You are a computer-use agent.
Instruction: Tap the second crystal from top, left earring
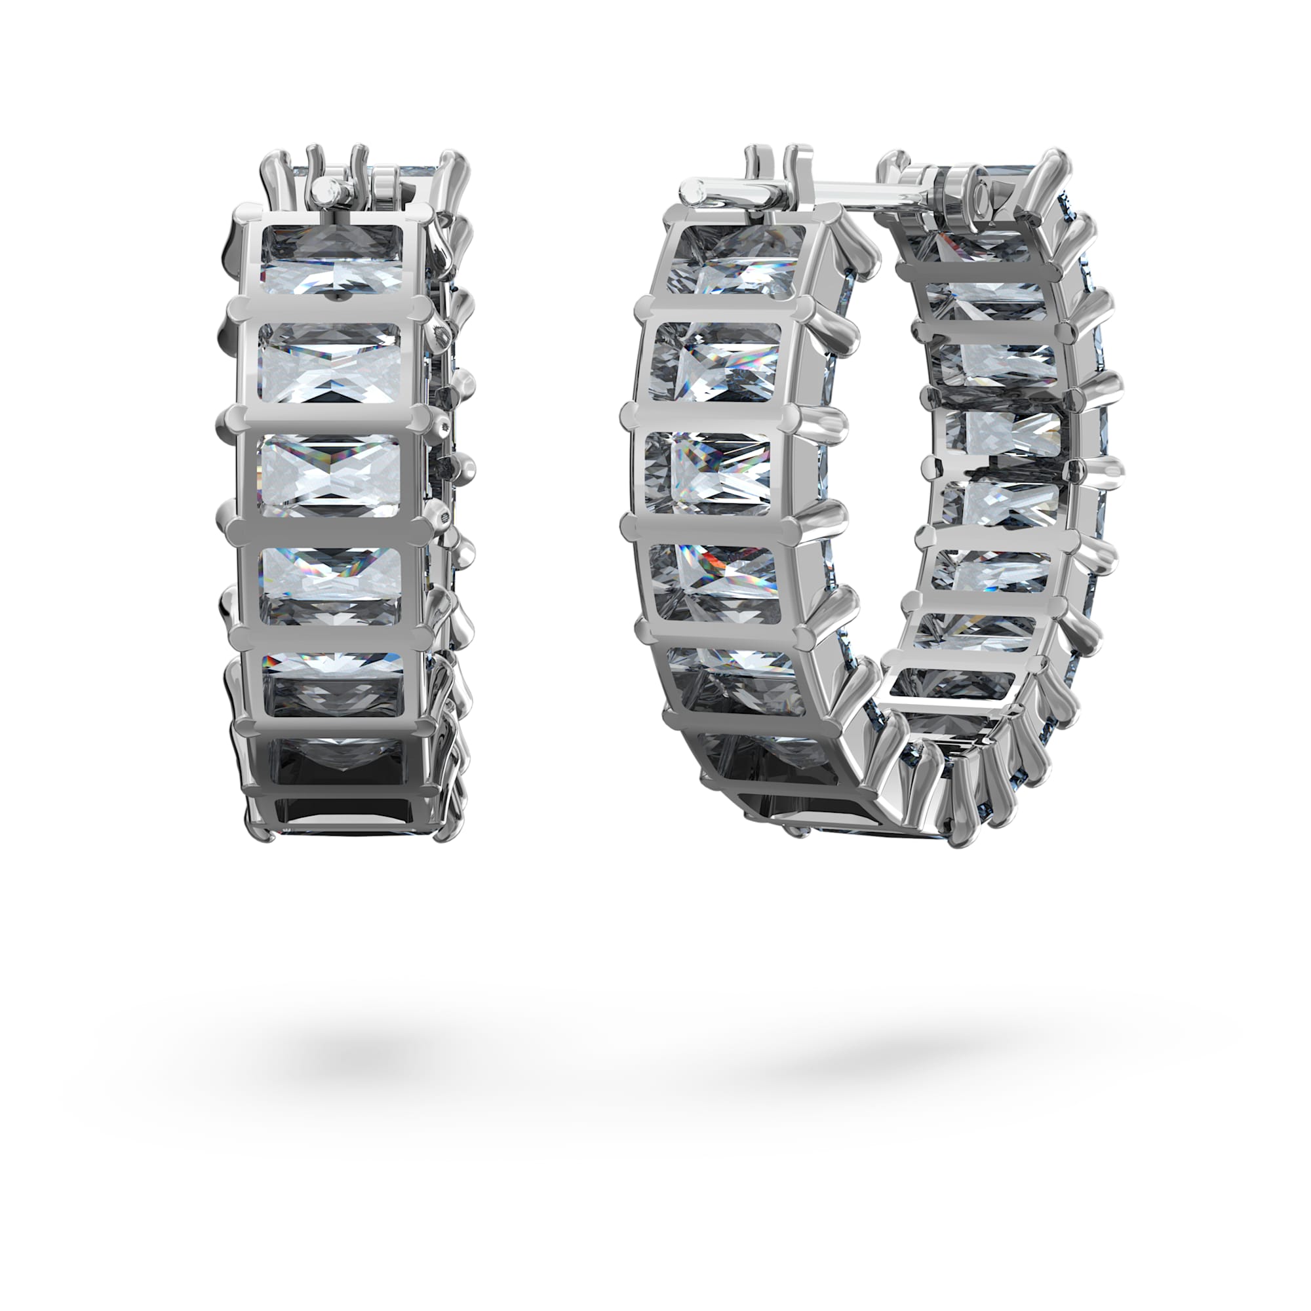pos(330,364)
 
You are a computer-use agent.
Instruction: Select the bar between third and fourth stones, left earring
pos(330,529)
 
